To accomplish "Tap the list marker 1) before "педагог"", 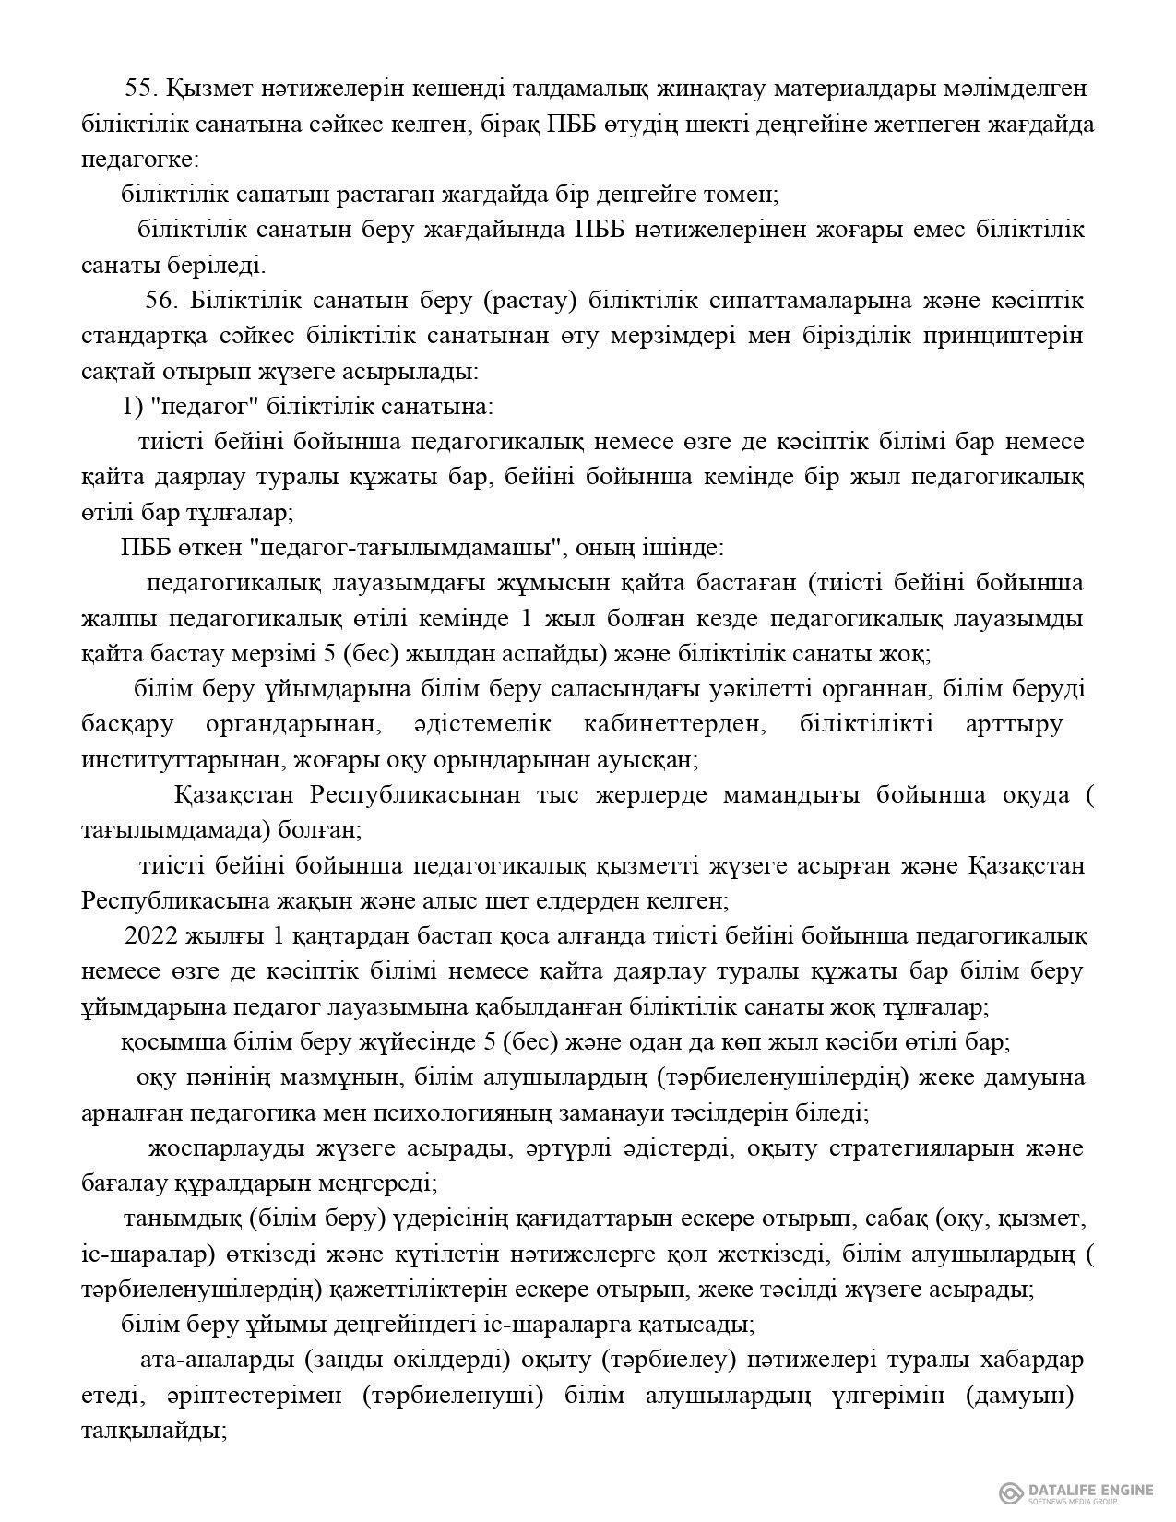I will tap(132, 407).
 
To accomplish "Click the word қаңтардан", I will tap(354, 937).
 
